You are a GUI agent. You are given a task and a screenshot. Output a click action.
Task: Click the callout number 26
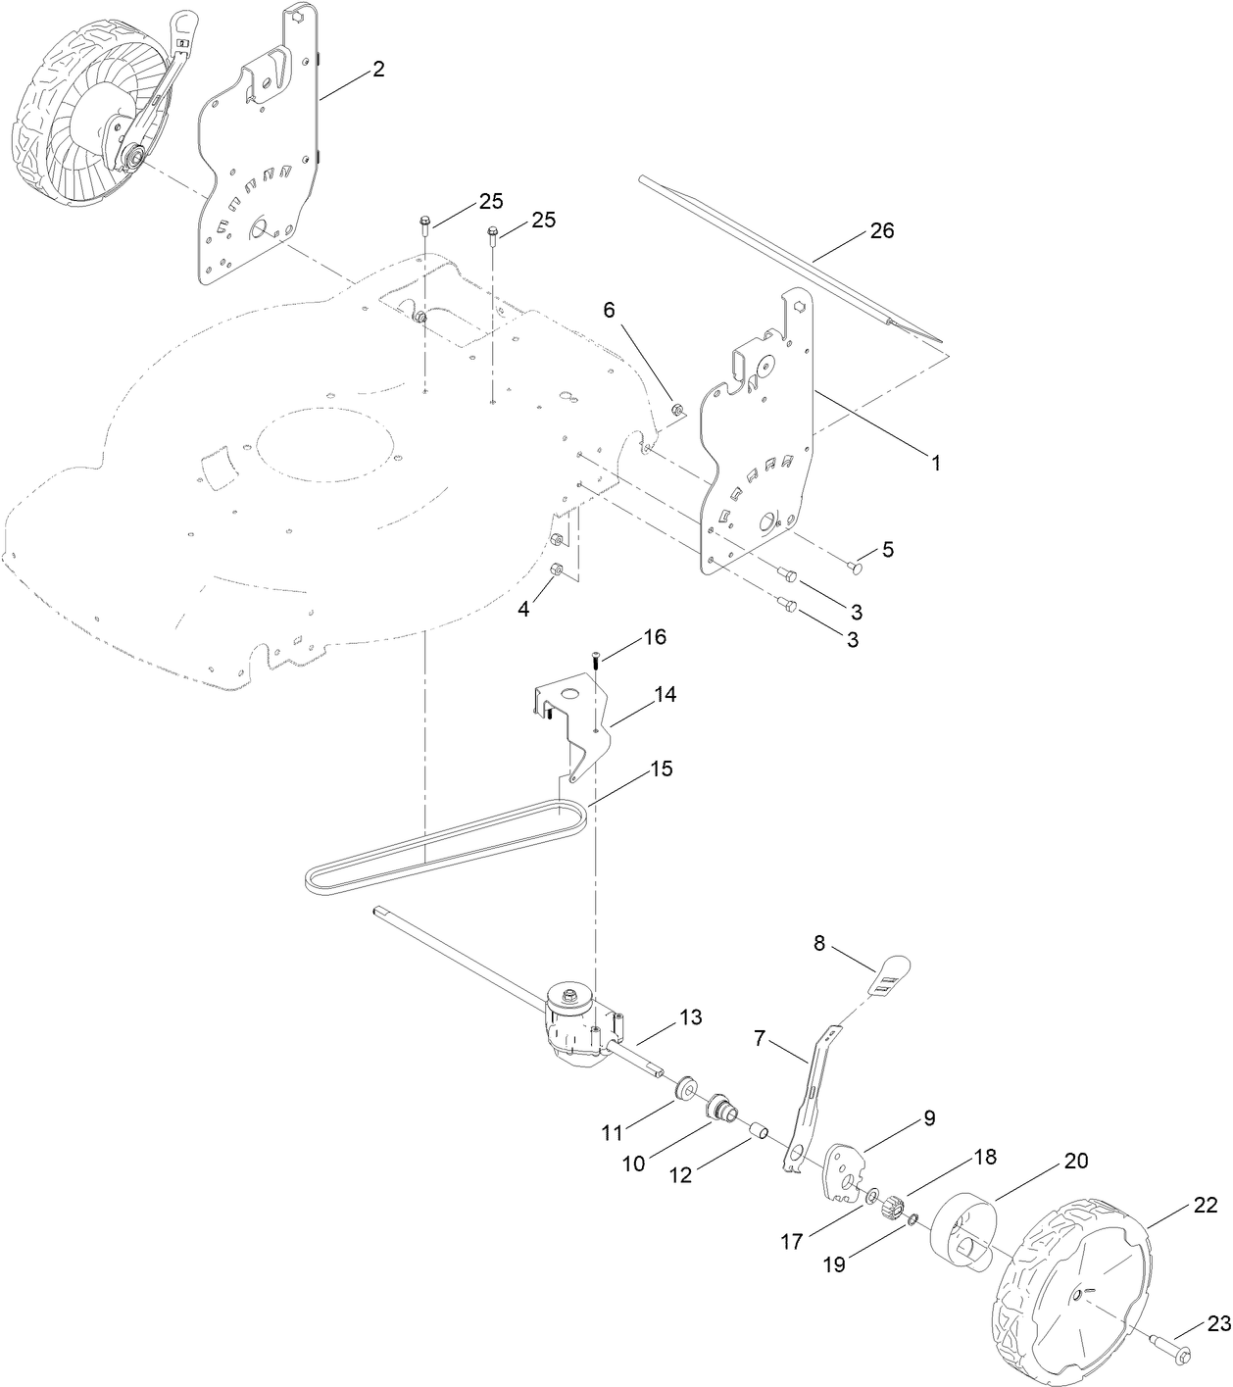(882, 231)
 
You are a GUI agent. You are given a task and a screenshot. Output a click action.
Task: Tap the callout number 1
(935, 462)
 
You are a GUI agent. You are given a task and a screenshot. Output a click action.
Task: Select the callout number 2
(377, 70)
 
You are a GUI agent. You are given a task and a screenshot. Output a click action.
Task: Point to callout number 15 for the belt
(662, 768)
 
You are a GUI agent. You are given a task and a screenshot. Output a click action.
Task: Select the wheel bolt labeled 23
(1176, 1355)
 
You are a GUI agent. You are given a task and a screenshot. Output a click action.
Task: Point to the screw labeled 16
(597, 660)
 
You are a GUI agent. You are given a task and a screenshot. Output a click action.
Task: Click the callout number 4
(524, 609)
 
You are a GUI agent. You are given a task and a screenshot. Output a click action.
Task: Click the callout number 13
(692, 1017)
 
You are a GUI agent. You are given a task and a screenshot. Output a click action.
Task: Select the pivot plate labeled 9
(843, 1172)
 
